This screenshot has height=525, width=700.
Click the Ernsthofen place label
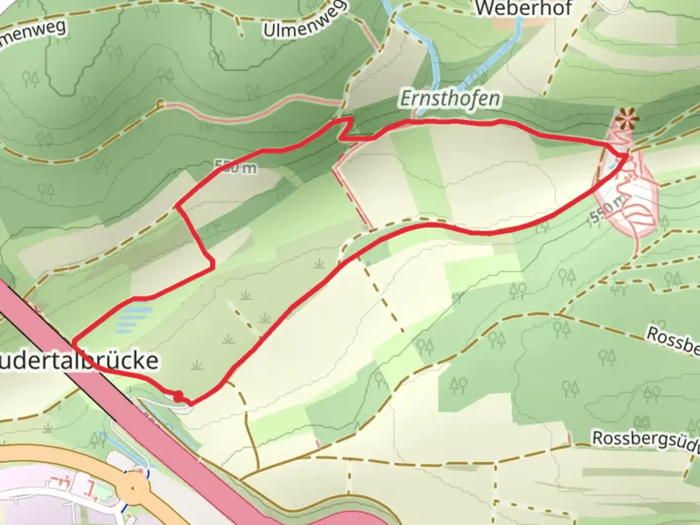[450, 99]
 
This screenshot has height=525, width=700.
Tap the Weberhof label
[524, 8]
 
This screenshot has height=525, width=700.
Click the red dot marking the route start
[178, 396]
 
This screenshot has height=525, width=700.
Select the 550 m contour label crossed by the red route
[236, 168]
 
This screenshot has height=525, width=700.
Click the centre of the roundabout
[134, 488]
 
